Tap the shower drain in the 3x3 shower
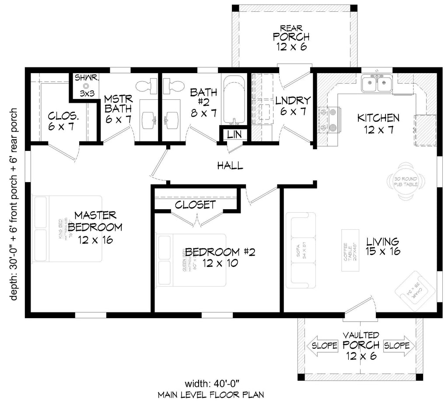point(86,87)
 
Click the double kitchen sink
point(377,84)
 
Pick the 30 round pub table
point(406,181)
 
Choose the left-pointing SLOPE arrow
point(323,346)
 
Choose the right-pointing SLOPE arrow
point(399,346)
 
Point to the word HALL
point(230,165)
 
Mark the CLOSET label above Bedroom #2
point(195,204)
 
